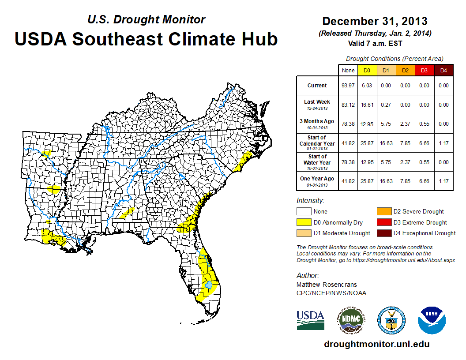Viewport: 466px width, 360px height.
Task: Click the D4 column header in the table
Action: tap(443, 70)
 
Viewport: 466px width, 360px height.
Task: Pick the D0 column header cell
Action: tap(367, 70)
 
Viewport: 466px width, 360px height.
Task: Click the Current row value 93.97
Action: tap(348, 86)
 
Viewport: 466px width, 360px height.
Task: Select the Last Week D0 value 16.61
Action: tap(367, 105)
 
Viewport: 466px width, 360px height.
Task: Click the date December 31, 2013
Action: tap(375, 21)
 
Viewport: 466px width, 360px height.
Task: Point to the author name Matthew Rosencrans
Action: tap(327, 285)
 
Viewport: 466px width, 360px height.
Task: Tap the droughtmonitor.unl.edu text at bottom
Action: tap(376, 344)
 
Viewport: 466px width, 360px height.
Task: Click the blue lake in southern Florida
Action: tap(208, 285)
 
